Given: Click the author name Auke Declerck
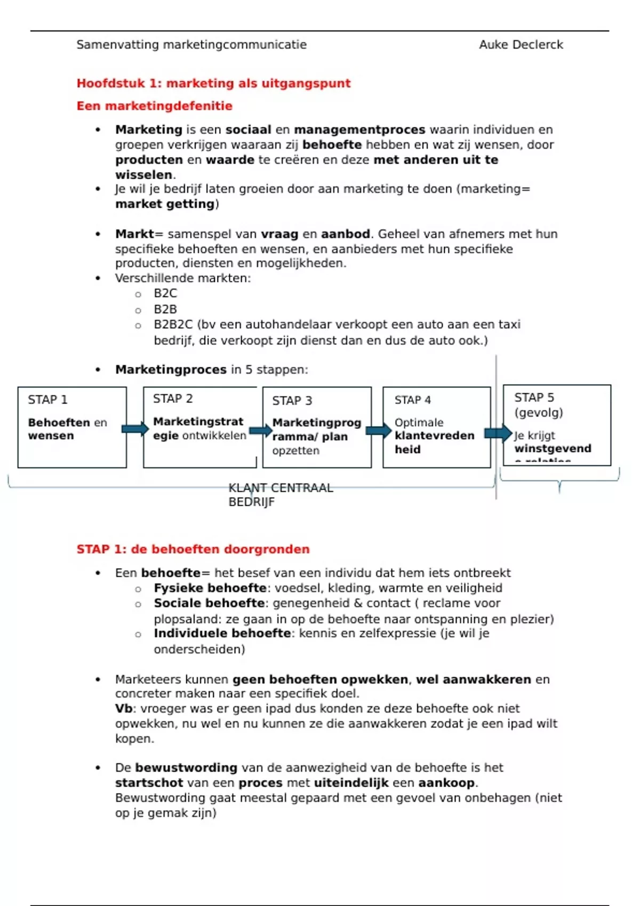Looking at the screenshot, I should (521, 45).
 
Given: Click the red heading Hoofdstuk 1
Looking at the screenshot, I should (213, 83).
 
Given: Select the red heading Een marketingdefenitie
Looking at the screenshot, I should (154, 106).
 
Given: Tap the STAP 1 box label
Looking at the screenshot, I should (47, 400).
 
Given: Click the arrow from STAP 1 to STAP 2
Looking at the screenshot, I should (135, 428).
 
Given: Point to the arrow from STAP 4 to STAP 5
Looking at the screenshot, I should (498, 433).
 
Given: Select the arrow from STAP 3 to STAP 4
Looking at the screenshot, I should (378, 431).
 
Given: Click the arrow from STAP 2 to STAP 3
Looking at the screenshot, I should (260, 431).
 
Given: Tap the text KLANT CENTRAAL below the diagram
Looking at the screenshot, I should (281, 488).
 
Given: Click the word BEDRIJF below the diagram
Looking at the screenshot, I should (251, 502).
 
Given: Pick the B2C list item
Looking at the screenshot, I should (165, 294).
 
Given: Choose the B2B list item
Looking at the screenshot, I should (165, 310).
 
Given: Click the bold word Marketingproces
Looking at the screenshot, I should (171, 370).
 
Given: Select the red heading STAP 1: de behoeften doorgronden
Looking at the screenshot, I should (193, 549).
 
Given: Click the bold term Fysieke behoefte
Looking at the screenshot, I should (210, 588).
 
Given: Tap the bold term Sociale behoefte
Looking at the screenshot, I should (209, 603).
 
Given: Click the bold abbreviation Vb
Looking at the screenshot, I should (124, 709).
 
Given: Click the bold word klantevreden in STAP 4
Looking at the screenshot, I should (434, 436).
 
